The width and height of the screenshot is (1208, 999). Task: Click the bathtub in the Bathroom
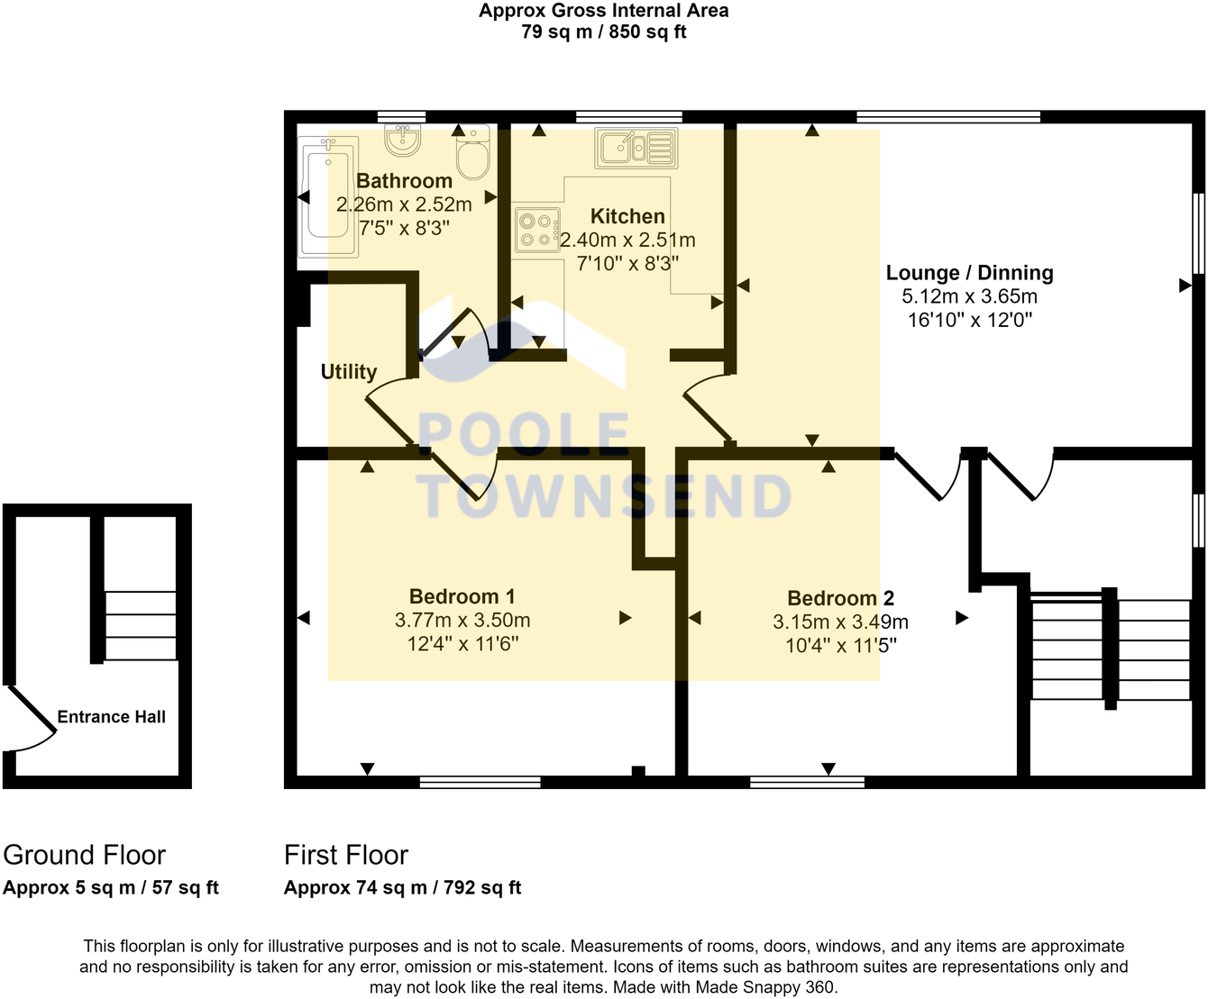tap(328, 196)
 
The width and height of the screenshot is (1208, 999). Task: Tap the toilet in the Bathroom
tap(472, 155)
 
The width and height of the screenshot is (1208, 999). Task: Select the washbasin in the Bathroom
tap(403, 141)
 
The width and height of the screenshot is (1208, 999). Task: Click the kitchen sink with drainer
tap(636, 148)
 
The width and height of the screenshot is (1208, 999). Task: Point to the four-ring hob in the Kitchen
tap(537, 230)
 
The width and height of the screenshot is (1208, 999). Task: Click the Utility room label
tap(349, 371)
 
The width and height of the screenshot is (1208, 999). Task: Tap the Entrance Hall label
tap(112, 717)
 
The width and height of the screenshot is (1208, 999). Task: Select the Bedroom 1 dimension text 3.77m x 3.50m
tap(462, 620)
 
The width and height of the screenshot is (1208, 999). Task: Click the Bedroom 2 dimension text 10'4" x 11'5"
tap(840, 645)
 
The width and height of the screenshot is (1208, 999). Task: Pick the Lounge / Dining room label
tap(969, 273)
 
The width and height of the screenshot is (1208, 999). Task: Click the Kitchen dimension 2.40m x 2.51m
tap(628, 240)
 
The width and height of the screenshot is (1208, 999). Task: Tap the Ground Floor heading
tap(85, 854)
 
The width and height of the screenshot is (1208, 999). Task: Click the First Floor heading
tap(346, 854)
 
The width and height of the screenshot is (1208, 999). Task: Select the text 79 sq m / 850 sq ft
tap(603, 32)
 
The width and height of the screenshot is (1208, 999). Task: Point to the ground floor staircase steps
tap(141, 625)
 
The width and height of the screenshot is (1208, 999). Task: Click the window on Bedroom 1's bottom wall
tap(480, 782)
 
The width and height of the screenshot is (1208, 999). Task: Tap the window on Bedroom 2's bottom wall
tap(807, 782)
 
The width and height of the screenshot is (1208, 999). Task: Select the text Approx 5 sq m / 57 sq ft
tap(111, 887)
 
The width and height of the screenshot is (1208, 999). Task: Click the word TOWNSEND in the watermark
tap(606, 496)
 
